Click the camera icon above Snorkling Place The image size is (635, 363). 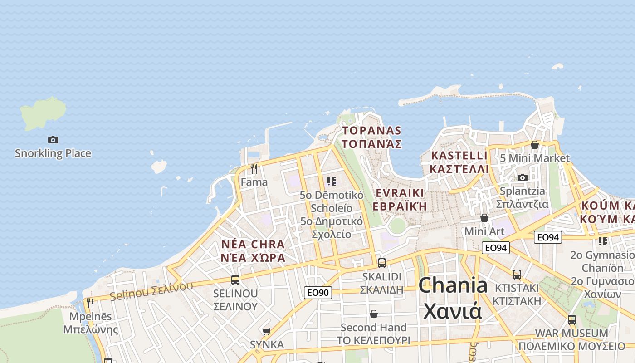(53, 140)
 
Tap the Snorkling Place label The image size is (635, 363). (53, 153)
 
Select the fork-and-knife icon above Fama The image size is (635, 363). (254, 169)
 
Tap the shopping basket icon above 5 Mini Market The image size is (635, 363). (535, 145)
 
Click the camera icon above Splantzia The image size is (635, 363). (523, 177)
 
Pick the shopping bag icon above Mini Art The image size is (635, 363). (484, 218)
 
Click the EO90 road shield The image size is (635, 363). (318, 293)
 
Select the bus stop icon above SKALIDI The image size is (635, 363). (382, 263)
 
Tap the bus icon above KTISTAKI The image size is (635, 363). (517, 274)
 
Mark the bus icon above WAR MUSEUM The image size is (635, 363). (571, 319)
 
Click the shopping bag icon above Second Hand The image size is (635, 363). (374, 314)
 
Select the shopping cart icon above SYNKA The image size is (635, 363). (267, 332)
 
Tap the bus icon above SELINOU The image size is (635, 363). (235, 280)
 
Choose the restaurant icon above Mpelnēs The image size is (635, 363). (90, 303)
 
